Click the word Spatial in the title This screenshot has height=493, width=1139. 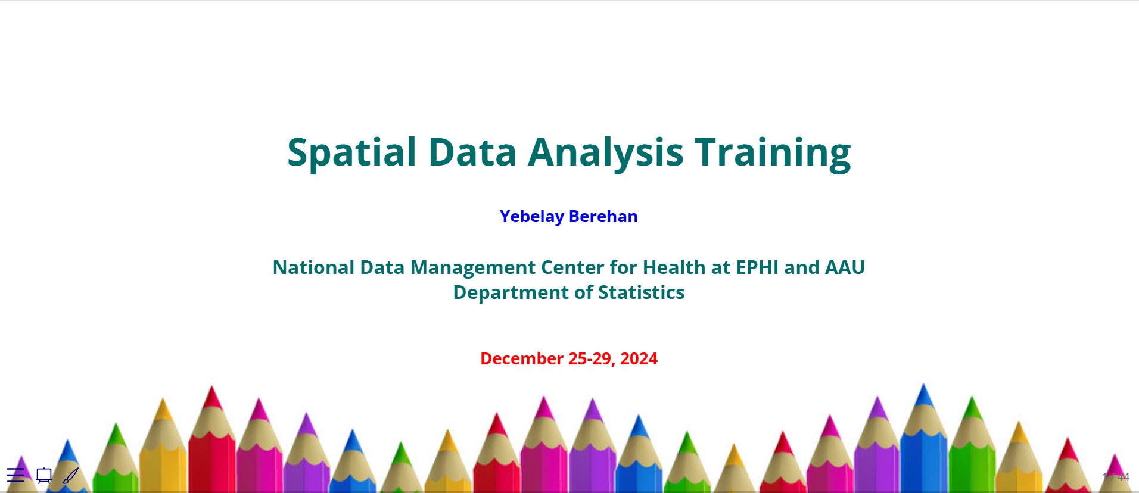[x=352, y=152]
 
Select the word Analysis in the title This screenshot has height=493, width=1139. [x=605, y=152]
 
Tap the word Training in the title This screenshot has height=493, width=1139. [x=773, y=152]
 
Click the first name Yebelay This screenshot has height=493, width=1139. [x=532, y=217]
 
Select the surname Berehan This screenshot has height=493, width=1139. [x=603, y=216]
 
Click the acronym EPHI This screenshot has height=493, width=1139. [x=757, y=267]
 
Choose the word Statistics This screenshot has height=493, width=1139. [x=641, y=292]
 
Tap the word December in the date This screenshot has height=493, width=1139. [x=522, y=358]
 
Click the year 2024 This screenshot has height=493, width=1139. [x=639, y=358]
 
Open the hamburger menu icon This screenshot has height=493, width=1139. [x=15, y=475]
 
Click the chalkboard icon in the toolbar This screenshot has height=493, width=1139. [x=44, y=476]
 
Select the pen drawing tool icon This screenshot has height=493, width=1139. [x=70, y=476]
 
